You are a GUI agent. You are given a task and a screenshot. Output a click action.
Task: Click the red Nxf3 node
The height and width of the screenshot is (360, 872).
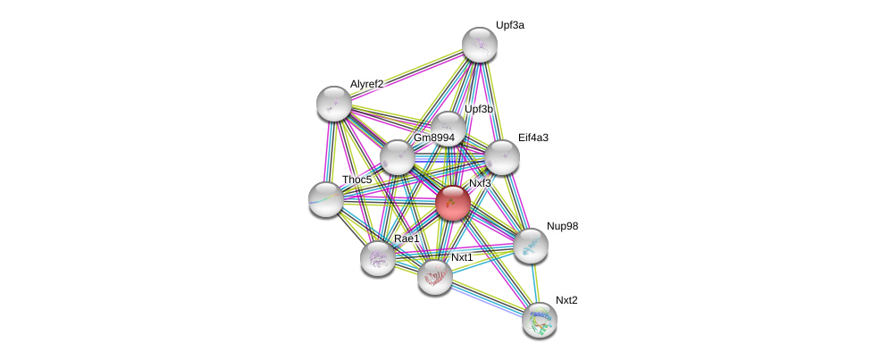pyautogui.click(x=453, y=203)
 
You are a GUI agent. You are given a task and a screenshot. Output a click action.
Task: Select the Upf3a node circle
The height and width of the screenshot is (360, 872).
pyautogui.click(x=480, y=45)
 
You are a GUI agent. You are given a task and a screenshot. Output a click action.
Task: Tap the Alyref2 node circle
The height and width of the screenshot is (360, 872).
pyautogui.click(x=334, y=104)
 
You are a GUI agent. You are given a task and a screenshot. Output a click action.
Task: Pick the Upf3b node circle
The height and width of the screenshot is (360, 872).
pyautogui.click(x=448, y=129)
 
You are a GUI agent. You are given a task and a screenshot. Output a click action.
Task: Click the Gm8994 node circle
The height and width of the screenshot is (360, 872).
pyautogui.click(x=398, y=157)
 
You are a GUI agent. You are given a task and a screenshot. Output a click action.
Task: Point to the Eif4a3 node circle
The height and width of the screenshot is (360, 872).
pyautogui.click(x=502, y=157)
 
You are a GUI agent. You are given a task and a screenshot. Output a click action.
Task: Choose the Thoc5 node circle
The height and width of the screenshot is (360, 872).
pyautogui.click(x=326, y=198)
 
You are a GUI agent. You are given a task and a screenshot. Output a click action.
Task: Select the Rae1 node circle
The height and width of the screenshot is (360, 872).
pyautogui.click(x=378, y=258)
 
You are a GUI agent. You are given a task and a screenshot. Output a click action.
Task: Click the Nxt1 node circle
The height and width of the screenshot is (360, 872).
pyautogui.click(x=435, y=277)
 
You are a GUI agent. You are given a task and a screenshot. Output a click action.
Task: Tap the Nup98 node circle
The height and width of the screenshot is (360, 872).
pyautogui.click(x=530, y=246)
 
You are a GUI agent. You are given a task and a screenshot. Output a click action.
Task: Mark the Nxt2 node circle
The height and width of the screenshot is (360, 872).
pyautogui.click(x=540, y=319)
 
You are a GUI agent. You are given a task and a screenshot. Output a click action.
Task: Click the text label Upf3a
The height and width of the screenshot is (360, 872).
pyautogui.click(x=510, y=26)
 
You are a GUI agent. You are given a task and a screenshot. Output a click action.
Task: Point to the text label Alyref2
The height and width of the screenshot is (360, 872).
pyautogui.click(x=366, y=84)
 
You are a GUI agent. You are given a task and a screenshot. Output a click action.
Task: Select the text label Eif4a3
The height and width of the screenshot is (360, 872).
pyautogui.click(x=533, y=138)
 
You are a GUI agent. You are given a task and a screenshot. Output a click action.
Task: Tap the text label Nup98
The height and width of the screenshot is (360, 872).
pyautogui.click(x=563, y=227)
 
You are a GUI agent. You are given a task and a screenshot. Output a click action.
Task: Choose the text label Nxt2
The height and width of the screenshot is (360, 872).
pyautogui.click(x=566, y=300)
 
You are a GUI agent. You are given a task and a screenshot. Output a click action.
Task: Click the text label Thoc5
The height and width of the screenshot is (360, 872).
pyautogui.click(x=356, y=180)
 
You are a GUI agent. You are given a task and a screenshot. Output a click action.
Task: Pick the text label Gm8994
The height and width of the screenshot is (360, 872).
pyautogui.click(x=433, y=138)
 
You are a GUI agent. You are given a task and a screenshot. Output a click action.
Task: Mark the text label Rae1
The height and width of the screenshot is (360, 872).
pyautogui.click(x=407, y=239)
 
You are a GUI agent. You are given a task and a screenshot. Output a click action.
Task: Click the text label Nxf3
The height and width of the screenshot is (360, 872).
pyautogui.click(x=480, y=184)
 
